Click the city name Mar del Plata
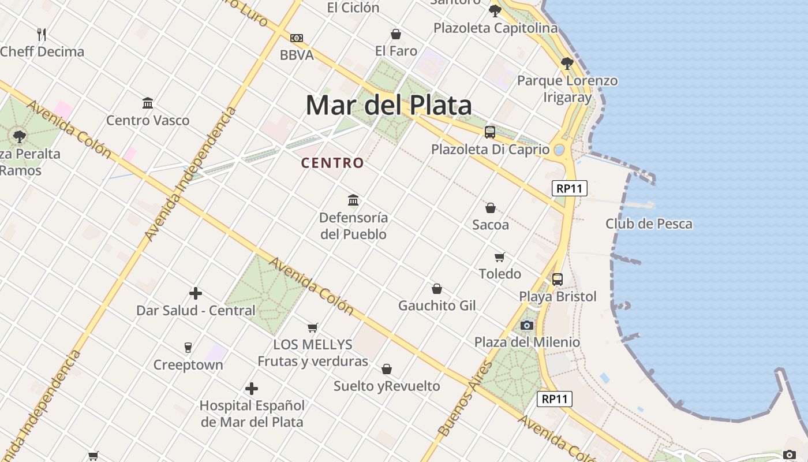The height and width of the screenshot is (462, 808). [x=388, y=106]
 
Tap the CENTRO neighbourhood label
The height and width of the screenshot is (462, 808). [x=332, y=163]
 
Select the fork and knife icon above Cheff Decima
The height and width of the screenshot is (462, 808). [x=42, y=34]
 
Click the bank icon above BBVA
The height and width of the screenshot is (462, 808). [x=297, y=38]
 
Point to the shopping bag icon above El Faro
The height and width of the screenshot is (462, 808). [x=396, y=34]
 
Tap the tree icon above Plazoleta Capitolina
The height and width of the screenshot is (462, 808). [x=495, y=10]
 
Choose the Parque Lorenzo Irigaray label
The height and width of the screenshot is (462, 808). [x=567, y=88]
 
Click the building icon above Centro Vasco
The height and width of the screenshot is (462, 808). [x=148, y=103]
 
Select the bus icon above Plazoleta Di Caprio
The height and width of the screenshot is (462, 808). [x=490, y=132]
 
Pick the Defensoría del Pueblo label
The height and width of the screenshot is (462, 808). [x=353, y=226]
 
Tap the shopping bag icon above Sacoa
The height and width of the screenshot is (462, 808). [x=491, y=207]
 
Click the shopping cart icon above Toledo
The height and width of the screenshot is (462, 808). [x=500, y=257]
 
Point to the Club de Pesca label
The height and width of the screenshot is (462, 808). [x=649, y=223]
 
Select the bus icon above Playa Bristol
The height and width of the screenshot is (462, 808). [x=558, y=280]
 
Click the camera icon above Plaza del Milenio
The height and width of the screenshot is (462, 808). [x=526, y=325]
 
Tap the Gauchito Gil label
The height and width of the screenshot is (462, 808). [x=437, y=305]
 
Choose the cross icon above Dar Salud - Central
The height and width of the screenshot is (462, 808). [x=196, y=293]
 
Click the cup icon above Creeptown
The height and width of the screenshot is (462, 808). [x=188, y=347]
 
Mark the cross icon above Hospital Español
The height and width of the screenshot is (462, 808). [x=252, y=389]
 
